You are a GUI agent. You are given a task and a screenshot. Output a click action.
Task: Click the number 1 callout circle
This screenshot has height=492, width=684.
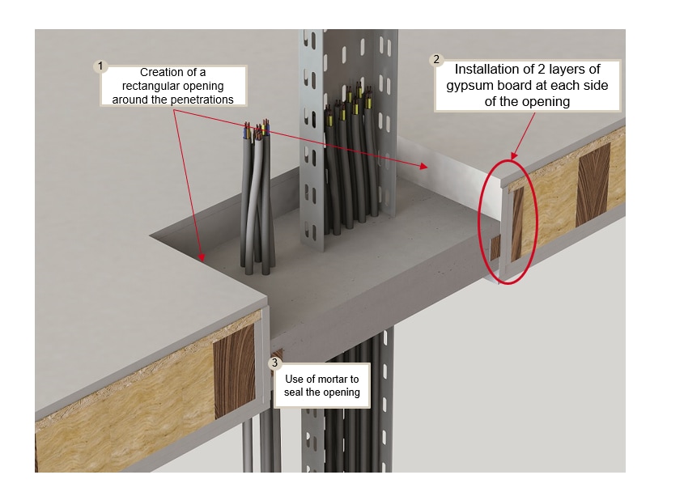coord(101,66)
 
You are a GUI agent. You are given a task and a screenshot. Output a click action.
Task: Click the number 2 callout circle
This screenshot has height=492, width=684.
coord(438,60)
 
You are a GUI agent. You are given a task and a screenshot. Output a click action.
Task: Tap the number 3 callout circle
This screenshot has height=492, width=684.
coord(276,363)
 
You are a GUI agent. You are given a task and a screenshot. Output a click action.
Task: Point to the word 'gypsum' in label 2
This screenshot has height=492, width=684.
coord(482,86)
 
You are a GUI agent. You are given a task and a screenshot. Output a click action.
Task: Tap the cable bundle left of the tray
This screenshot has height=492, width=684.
coord(258,202)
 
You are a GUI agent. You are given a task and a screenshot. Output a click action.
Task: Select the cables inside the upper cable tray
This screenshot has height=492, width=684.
coord(350,162)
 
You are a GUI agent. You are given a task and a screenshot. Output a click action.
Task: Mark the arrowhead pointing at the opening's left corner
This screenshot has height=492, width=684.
coord(202,258)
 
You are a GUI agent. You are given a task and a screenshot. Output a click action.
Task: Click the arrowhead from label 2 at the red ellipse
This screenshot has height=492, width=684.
coord(513,156)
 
